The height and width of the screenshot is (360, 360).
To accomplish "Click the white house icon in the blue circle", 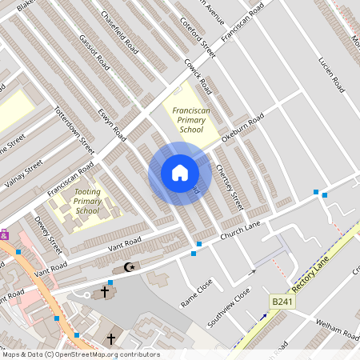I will (179, 173).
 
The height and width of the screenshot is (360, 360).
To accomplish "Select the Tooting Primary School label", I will (87, 201).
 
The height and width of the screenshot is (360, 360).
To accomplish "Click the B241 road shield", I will (281, 301).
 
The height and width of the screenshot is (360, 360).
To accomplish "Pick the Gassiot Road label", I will (93, 49).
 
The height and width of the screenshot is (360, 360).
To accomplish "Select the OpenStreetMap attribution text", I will (80, 354).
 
